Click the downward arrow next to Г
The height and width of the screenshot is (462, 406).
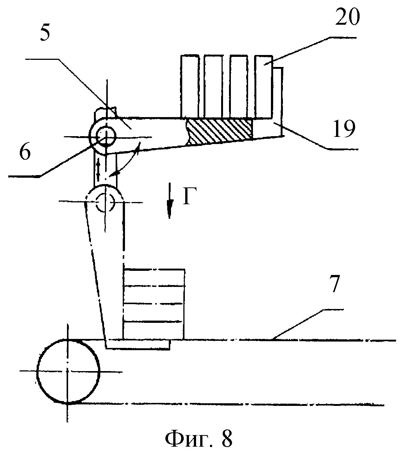click(x=170, y=200)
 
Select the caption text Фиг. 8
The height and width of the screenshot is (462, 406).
click(x=199, y=439)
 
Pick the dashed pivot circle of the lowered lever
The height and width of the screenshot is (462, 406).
click(x=106, y=202)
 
